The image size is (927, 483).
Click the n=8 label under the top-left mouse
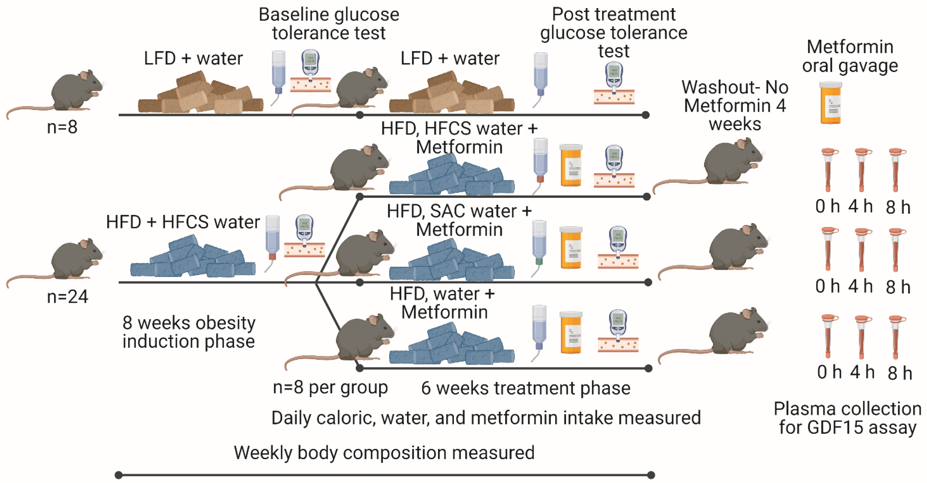coord(62,127)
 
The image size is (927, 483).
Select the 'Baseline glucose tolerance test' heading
coord(329,24)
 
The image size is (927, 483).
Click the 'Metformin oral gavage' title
coord(850,56)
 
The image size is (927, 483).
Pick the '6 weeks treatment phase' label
coord(525,388)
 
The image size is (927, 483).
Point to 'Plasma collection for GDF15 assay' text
coord(847,418)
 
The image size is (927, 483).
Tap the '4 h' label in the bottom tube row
coord(862,372)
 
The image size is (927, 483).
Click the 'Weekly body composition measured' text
coord(384,453)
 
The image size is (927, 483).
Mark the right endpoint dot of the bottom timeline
coord(651,475)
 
